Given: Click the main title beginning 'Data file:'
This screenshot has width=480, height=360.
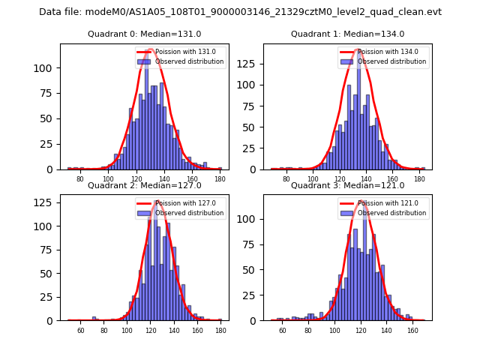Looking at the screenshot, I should [x=240, y=12].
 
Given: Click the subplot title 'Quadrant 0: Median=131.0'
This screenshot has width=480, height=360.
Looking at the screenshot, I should [x=144, y=34].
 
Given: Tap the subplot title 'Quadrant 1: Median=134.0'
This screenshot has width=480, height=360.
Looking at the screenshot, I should [x=347, y=34].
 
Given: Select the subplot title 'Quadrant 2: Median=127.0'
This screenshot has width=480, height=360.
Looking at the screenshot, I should [x=144, y=185].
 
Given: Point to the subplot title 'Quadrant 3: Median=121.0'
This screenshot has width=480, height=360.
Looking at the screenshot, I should [x=347, y=185].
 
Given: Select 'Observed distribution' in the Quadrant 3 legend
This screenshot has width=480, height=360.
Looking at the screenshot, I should [x=391, y=213].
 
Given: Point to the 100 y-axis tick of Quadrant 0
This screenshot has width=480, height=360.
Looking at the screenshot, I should [x=46, y=67].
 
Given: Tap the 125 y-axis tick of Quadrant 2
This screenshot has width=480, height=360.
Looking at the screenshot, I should [x=46, y=202].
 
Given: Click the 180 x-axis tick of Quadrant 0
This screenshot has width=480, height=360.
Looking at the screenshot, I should [x=220, y=179].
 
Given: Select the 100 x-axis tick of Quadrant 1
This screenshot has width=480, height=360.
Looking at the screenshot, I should [x=313, y=179].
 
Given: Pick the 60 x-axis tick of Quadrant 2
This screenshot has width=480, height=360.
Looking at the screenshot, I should [x=81, y=330].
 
